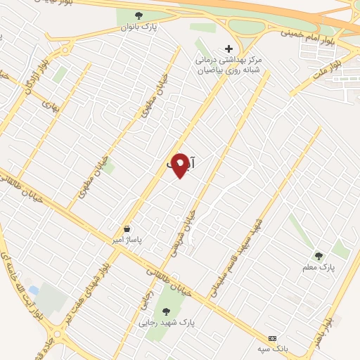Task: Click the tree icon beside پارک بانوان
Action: coord(139,15)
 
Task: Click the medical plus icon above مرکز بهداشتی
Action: coord(228,49)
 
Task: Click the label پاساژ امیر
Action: coord(129,240)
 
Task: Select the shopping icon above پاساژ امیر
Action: coord(127,229)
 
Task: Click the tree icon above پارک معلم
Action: coord(319,256)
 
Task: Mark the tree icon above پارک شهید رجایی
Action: coord(166,311)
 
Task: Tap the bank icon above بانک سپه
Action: coord(273,337)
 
